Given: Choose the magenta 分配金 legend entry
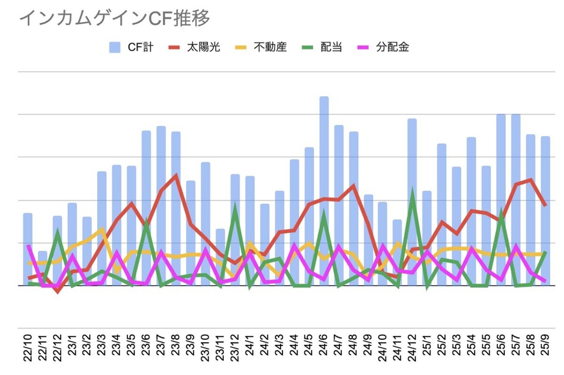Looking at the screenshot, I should click(x=382, y=47).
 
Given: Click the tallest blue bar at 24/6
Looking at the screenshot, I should click(x=324, y=191).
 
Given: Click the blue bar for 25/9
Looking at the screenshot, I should click(x=545, y=211).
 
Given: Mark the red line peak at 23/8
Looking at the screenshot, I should click(x=176, y=175).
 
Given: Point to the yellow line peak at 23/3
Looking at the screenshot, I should click(x=102, y=229).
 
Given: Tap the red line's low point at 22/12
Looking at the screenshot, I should click(x=57, y=292).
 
